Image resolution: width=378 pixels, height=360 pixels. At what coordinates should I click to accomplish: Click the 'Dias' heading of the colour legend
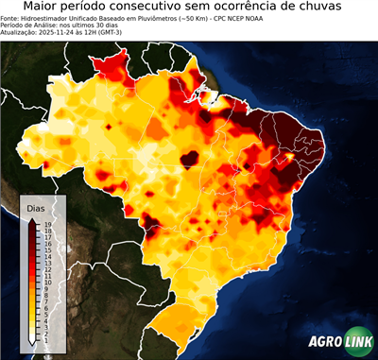click(35, 208)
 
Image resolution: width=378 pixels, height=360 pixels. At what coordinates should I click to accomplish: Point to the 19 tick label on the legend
click(47, 224)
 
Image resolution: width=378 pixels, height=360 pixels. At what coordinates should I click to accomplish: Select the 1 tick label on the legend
click(45, 338)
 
